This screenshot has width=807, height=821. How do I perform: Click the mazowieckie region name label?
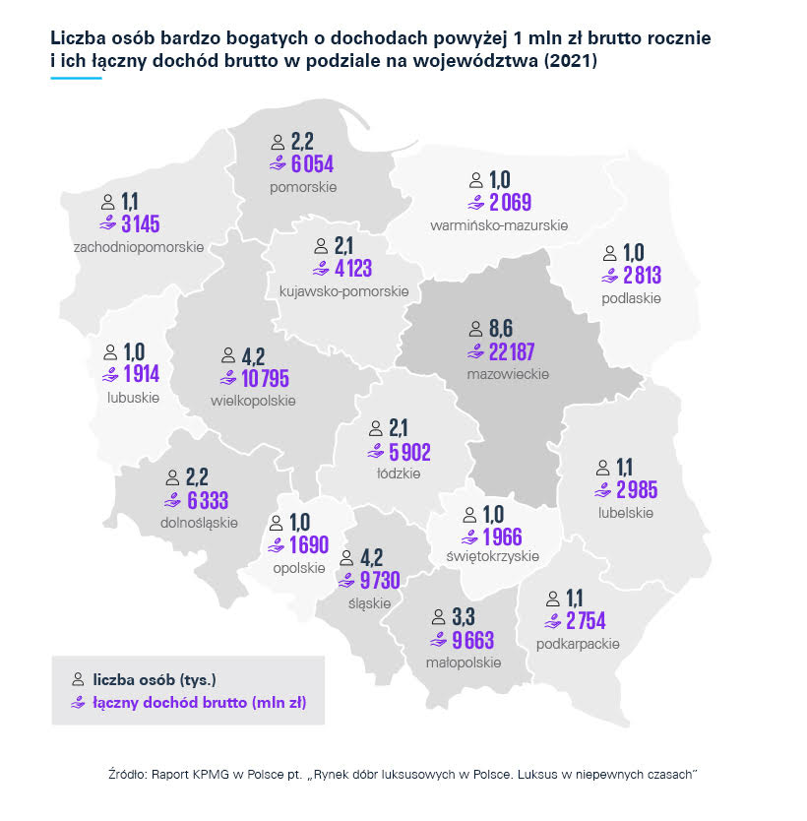click(x=508, y=374)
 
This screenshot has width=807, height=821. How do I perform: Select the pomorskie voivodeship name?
click(x=303, y=186)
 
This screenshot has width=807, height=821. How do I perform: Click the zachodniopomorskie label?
click(x=139, y=246)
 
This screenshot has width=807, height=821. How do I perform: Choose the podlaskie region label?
click(x=631, y=297)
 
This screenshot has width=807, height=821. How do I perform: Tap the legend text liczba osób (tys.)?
click(x=154, y=679)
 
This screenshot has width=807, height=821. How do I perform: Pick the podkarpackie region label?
click(x=578, y=643)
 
